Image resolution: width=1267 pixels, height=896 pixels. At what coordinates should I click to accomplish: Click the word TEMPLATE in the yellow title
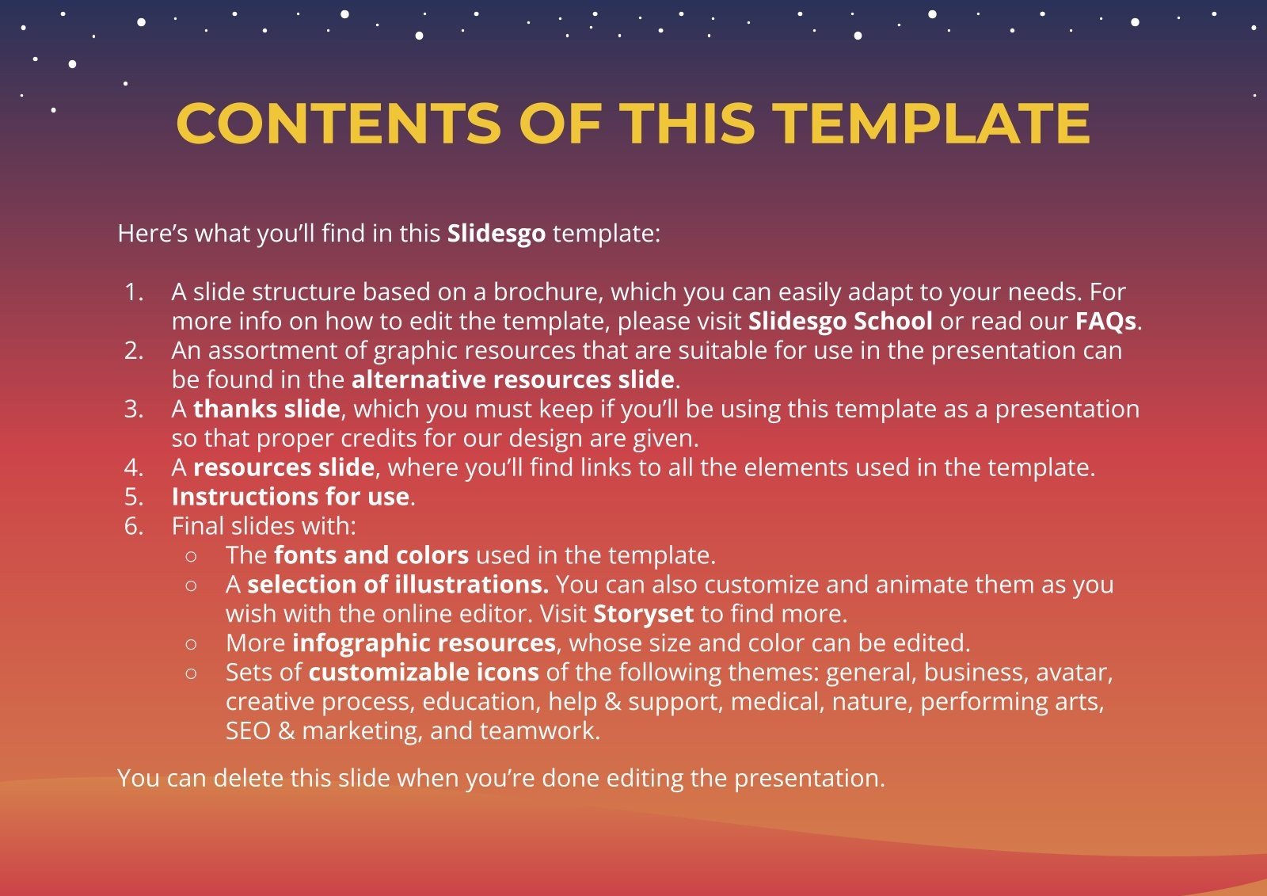[931, 124]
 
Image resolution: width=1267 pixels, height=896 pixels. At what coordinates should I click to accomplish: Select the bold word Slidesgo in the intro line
[497, 234]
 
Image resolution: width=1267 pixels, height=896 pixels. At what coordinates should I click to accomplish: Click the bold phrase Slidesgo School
[840, 321]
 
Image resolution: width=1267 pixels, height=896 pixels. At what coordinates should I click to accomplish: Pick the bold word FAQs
[1105, 321]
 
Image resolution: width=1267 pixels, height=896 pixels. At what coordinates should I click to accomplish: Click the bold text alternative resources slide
[512, 379]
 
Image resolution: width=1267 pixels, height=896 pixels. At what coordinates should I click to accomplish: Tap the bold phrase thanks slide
[267, 409]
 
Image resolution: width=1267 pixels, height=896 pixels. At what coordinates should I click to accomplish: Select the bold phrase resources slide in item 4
[283, 467]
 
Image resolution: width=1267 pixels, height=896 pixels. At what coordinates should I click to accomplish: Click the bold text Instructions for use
[291, 497]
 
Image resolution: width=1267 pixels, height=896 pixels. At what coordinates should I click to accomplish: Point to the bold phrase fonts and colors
[371, 555]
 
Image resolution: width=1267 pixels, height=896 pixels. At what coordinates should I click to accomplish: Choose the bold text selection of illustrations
[398, 585]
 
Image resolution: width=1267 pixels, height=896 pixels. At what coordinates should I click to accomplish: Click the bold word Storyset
[643, 614]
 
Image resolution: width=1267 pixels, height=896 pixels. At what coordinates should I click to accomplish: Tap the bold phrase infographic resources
[424, 643]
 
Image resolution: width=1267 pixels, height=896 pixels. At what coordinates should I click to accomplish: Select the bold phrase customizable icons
[424, 673]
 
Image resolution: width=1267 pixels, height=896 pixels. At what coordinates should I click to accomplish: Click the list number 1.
[134, 292]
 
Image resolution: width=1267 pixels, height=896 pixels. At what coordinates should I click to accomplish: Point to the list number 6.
[134, 526]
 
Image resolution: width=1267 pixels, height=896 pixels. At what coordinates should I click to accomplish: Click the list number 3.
[134, 409]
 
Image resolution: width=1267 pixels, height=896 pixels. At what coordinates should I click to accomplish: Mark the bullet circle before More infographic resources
[191, 644]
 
